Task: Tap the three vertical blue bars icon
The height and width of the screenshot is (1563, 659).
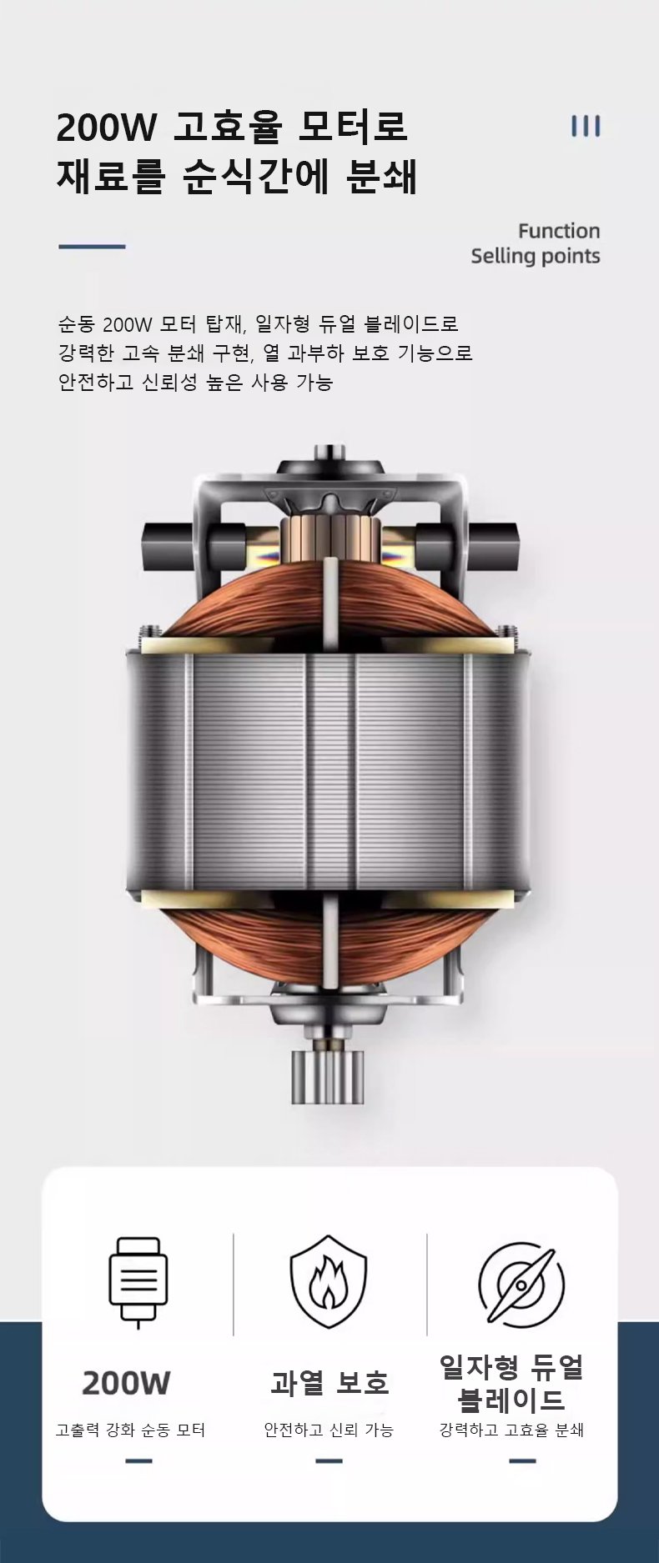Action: click(x=586, y=126)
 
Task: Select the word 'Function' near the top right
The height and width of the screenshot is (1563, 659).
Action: click(x=559, y=231)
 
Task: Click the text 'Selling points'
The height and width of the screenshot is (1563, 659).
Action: click(x=536, y=256)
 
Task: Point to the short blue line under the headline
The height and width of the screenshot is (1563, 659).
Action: click(x=92, y=247)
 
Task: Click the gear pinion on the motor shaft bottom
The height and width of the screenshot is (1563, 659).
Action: click(x=328, y=1077)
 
